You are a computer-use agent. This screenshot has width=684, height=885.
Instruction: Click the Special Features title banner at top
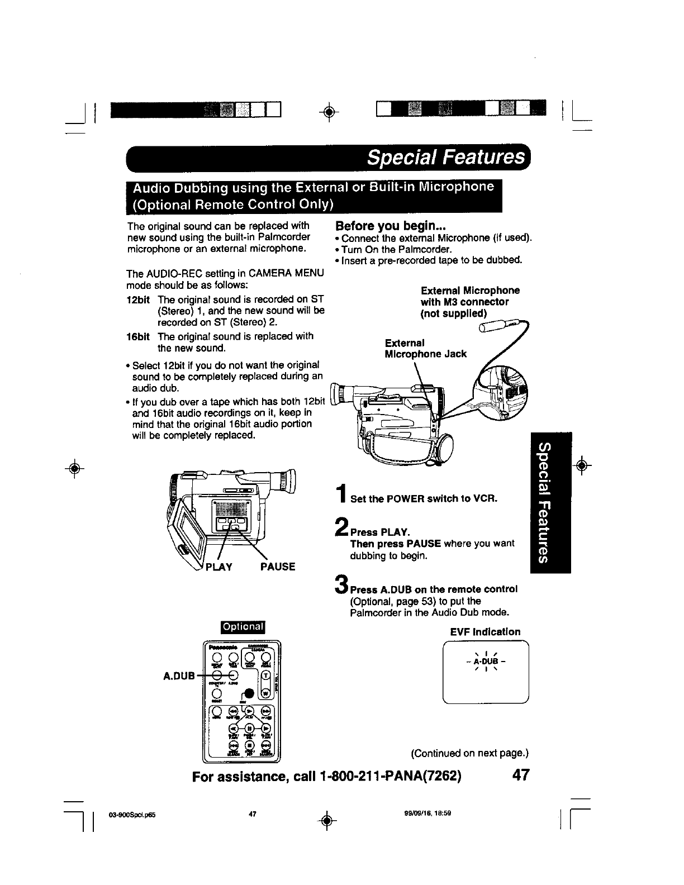coord(445,158)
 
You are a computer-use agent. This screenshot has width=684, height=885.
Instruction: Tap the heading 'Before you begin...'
coord(389,226)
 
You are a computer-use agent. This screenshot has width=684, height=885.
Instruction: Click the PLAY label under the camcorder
coord(218,567)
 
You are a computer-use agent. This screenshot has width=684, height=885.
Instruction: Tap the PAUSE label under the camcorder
coord(278,567)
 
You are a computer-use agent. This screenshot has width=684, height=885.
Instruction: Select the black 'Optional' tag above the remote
coord(244,626)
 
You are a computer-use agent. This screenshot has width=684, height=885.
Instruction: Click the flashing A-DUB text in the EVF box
coord(485,663)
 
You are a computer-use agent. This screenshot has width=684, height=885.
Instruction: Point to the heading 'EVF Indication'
coord(485,632)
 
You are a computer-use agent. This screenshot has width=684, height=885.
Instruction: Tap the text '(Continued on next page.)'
coord(469,753)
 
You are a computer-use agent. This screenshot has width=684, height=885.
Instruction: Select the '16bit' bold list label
coord(138,336)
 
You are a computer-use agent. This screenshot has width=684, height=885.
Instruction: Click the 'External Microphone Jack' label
coord(425,348)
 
